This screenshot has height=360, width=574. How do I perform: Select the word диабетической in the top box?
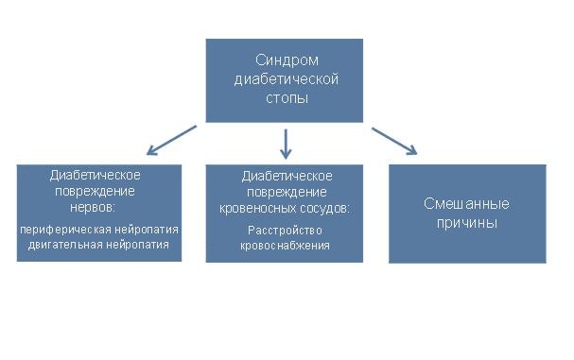[285, 79]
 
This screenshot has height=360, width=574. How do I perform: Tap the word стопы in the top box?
[285, 97]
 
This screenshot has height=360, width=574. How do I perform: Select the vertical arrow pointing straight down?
[285, 143]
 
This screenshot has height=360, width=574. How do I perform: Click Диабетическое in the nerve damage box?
[96, 175]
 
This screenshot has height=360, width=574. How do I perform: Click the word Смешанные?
[466, 204]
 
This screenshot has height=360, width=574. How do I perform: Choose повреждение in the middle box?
[285, 191]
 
